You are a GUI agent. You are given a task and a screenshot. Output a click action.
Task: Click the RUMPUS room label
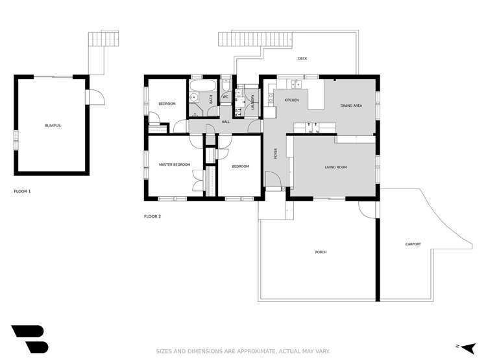click(53, 125)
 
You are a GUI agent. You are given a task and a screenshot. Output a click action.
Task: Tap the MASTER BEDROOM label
click(175, 165)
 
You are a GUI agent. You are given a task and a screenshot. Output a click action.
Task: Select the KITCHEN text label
click(291, 100)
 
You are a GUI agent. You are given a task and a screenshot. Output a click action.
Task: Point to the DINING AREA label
click(351, 105)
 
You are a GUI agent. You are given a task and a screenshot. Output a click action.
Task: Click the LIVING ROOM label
click(335, 167)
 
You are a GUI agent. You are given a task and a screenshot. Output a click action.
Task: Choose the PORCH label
click(321, 252)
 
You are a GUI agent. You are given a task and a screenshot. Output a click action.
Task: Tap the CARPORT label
click(413, 244)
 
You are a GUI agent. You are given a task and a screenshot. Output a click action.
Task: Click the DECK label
click(302, 59)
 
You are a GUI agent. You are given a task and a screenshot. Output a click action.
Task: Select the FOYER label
click(275, 154)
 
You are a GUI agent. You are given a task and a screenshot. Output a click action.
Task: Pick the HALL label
click(226, 121)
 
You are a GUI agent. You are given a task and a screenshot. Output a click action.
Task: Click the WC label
click(225, 97)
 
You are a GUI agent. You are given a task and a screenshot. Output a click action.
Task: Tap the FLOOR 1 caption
click(22, 192)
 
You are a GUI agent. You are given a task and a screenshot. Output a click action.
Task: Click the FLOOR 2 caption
click(152, 216)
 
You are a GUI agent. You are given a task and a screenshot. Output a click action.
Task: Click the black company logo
click(29, 339)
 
